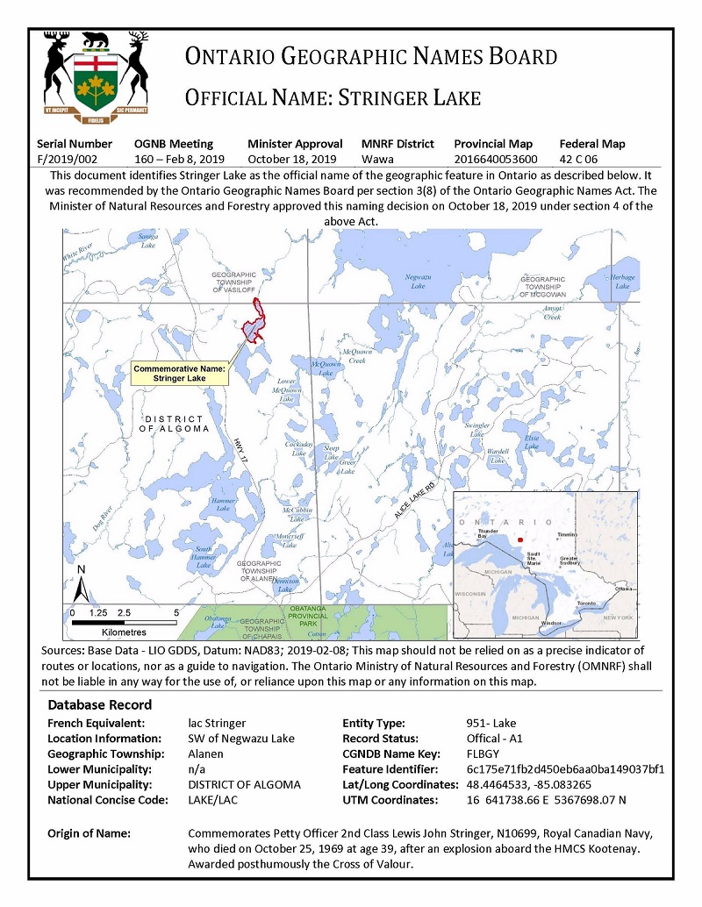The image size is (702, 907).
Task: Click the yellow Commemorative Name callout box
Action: [x=179, y=374]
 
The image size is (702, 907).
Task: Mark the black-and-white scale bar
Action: [x=124, y=622]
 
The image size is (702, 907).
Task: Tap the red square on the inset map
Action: [x=520, y=539]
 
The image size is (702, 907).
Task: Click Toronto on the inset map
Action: [x=586, y=603]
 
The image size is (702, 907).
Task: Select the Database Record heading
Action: [x=99, y=704]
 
